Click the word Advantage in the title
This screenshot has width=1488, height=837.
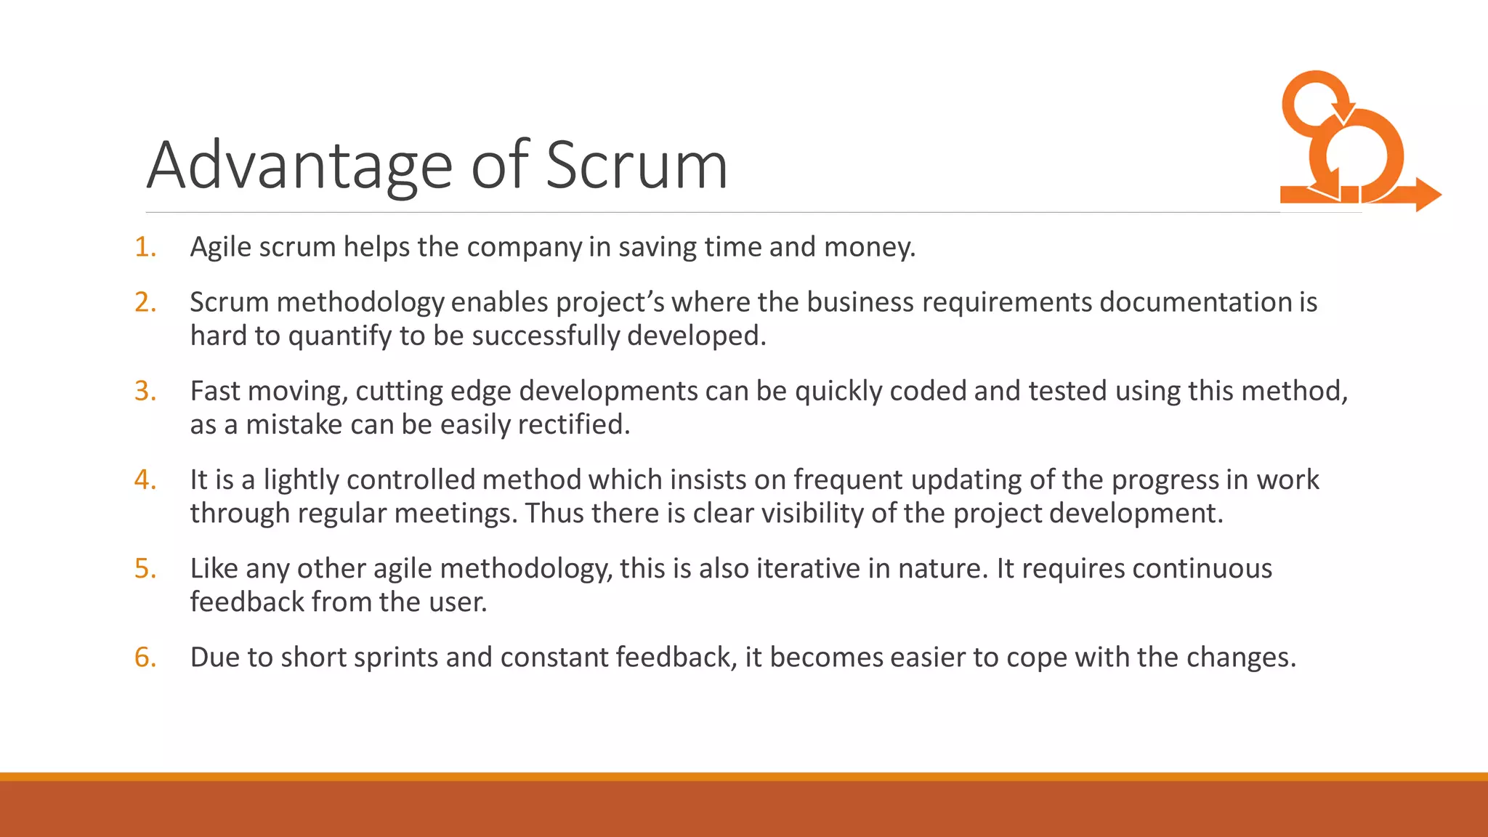[x=299, y=166]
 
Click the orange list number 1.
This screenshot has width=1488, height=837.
[x=145, y=247]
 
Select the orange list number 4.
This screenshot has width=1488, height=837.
[x=145, y=480]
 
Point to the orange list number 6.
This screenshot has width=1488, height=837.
[x=145, y=657]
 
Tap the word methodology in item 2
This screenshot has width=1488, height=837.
[x=360, y=302]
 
